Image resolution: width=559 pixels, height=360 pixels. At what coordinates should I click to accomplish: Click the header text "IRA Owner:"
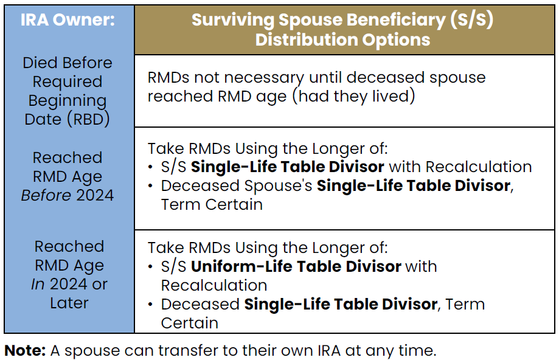pos(68,19)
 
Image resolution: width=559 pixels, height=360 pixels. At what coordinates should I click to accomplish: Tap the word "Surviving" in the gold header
pos(233,20)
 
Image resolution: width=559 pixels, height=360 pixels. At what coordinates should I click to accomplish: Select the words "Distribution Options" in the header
pos(342,40)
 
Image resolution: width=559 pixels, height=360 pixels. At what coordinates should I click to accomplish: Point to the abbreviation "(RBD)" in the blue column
pos(88,119)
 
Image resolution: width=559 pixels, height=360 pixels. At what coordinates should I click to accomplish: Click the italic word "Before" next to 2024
pos(46,195)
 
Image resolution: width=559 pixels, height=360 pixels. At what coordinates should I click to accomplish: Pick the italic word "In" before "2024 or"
pos(38,284)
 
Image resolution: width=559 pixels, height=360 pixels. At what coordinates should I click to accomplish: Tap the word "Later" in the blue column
pos(69,303)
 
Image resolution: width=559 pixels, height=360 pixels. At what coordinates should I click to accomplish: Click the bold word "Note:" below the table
pos(25,350)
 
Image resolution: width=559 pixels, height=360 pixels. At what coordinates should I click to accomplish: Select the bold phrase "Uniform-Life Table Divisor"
pos(296,266)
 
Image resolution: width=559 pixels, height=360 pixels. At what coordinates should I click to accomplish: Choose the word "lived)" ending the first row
pos(394,96)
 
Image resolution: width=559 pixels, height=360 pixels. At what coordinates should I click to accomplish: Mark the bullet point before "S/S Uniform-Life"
pos(151,267)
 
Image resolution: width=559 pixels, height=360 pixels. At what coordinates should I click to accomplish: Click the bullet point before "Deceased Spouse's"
pos(151,186)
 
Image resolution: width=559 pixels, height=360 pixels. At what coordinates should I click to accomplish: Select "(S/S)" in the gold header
pos(471,19)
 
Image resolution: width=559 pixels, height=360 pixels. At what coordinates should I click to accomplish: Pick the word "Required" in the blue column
pos(68,82)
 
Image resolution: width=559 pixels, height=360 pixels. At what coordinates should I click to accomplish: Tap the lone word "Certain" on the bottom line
pos(189,324)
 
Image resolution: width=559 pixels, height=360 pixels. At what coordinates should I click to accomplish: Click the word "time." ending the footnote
pos(417,351)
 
